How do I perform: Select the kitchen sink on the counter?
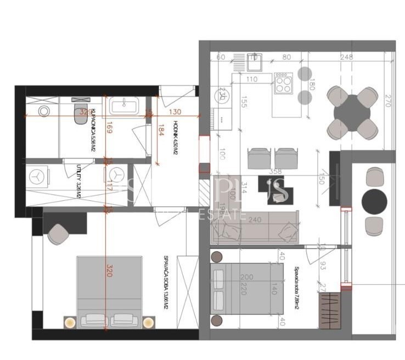pyautogui.click(x=253, y=64)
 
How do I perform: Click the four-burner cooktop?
pyautogui.click(x=283, y=84)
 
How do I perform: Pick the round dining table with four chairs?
pyautogui.click(x=352, y=114)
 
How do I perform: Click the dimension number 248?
pyautogui.click(x=346, y=57)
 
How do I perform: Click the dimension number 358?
pyautogui.click(x=275, y=172)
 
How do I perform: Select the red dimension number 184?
pyautogui.click(x=161, y=133)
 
